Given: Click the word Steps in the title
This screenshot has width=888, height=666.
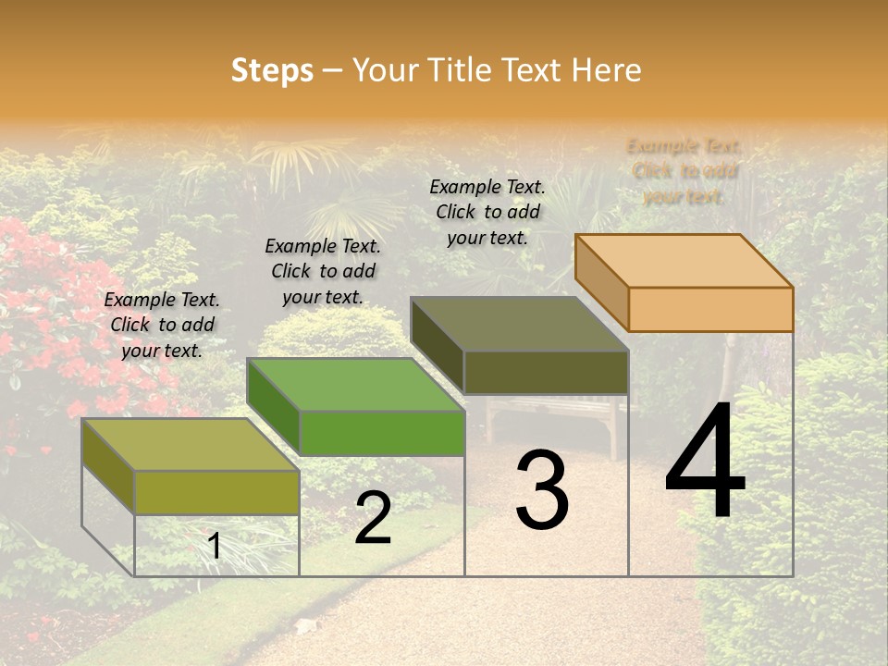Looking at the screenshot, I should (272, 70).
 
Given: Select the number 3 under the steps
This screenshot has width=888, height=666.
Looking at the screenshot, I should (542, 490).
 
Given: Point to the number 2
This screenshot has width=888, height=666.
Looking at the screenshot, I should (373, 519).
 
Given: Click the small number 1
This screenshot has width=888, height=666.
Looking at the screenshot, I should (215, 547).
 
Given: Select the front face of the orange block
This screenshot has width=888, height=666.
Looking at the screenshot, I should (710, 309).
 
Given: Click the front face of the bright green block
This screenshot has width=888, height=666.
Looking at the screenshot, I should (381, 433).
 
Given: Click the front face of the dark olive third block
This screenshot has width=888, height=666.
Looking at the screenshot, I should (546, 372).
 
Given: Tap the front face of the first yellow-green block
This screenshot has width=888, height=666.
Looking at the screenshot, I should (216, 492).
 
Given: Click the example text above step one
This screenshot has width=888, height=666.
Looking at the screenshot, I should (162, 325).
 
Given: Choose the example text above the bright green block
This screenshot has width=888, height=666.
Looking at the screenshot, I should (323, 271).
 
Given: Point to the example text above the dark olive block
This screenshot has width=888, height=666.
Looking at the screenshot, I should (487, 212).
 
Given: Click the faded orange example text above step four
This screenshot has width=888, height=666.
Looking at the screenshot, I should (684, 171).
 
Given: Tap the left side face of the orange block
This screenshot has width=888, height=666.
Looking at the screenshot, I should (601, 282).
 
